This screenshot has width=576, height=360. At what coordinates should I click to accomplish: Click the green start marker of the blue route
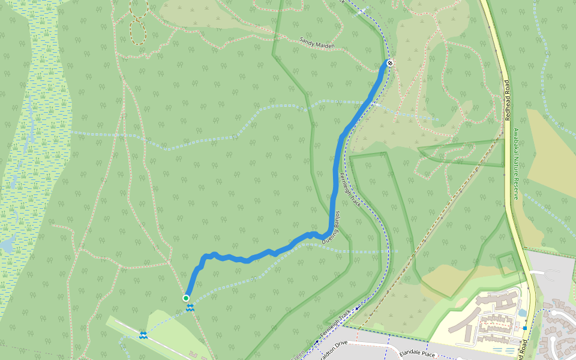coord(186,298)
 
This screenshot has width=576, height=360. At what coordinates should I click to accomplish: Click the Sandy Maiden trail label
coord(317,43)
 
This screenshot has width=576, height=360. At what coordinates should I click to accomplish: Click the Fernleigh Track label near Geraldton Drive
coord(336,323)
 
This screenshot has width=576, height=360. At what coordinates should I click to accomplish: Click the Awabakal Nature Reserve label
coord(516,162)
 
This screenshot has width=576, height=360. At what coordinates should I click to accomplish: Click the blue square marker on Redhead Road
coord(525,328)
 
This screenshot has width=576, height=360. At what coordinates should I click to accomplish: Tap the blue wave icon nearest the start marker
coord(190,308)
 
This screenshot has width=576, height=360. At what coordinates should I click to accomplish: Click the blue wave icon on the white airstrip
coord(143,335)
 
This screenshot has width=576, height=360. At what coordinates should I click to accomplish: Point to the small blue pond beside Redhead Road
coord(521,313)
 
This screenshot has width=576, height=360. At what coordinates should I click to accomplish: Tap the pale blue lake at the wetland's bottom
coord(7,245)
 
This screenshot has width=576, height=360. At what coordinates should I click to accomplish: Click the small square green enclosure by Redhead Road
coord(508,263)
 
